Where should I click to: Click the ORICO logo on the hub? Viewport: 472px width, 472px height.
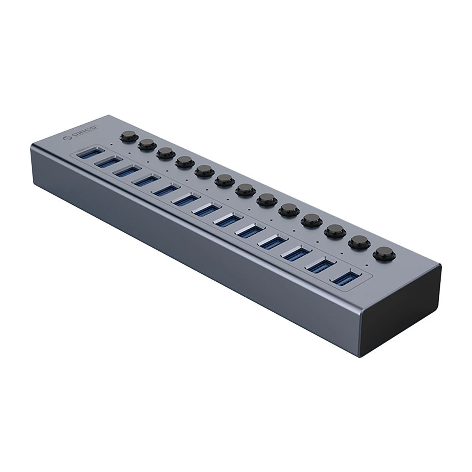81,134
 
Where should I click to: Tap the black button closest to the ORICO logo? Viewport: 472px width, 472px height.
127,136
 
